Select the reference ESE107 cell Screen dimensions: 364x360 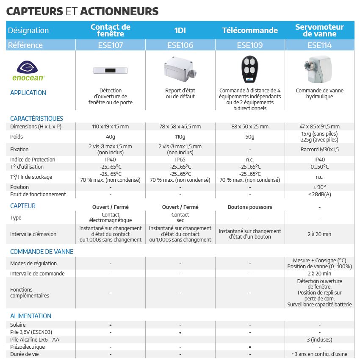110,45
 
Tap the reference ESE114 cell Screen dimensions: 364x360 319,45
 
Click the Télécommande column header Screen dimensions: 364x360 250,31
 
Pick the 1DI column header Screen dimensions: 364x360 180,31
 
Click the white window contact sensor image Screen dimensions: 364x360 110,70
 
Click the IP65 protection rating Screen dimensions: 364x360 180,160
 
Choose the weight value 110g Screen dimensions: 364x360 180,137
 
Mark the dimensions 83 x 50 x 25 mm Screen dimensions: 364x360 250,127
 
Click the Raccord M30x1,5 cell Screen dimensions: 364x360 319,150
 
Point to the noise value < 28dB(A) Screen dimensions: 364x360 319,195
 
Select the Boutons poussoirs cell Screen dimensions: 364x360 250,207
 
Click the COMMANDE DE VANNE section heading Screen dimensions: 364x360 42,252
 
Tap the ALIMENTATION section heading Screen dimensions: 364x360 30,316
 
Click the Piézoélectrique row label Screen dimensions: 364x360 28,347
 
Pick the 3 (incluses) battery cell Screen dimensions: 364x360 319,339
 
